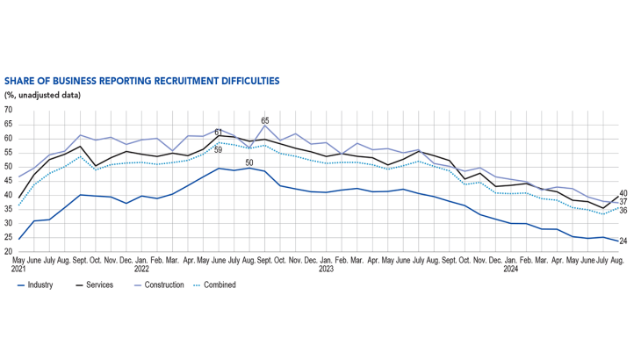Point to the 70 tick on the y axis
9,110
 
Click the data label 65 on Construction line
264,120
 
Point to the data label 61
219,132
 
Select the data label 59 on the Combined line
219,150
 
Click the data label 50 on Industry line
248,162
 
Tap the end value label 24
623,241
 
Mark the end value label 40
623,193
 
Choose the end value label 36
623,211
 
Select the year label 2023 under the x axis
326,269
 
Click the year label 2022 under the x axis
141,269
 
